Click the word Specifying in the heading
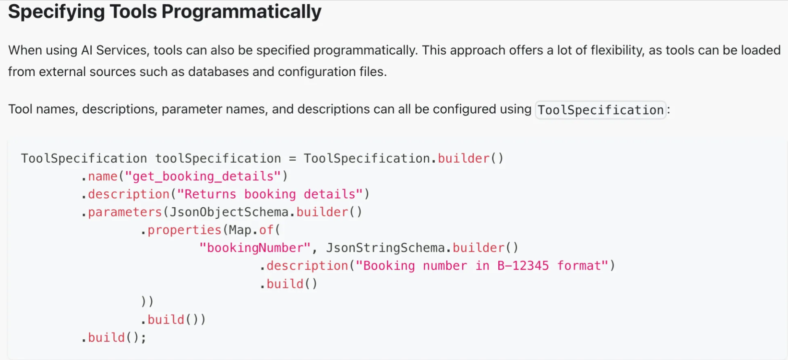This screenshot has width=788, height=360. click(56, 12)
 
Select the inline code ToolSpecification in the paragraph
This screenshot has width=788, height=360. click(600, 110)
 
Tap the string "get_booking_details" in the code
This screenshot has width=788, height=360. click(203, 176)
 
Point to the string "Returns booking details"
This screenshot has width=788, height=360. click(270, 194)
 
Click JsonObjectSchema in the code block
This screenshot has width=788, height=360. click(229, 212)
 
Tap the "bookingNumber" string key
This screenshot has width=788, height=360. click(255, 248)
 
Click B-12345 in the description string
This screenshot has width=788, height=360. click(523, 266)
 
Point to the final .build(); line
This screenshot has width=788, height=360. click(114, 338)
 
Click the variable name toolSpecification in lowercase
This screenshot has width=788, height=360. click(218, 159)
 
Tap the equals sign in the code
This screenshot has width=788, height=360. click(292, 159)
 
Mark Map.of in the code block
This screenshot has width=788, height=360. click(251, 230)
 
